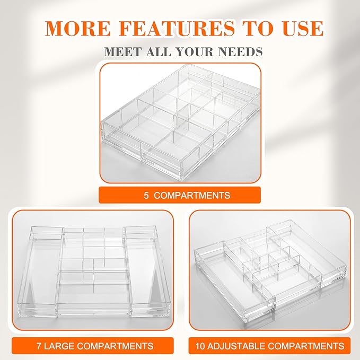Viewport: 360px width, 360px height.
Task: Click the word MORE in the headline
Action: pyautogui.click(x=77, y=28)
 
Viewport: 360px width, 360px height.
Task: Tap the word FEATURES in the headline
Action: pyautogui.click(x=177, y=28)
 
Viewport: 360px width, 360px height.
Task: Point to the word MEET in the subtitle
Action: pyautogui.click(x=122, y=51)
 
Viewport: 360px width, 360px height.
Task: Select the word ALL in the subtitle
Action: pyautogui.click(x=159, y=51)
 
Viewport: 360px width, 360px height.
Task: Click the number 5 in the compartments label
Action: pyautogui.click(x=146, y=196)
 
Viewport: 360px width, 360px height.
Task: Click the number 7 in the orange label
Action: pyautogui.click(x=39, y=346)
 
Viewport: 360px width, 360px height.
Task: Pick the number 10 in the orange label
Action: pyautogui.click(x=200, y=346)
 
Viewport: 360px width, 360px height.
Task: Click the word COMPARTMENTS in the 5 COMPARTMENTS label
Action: pyautogui.click(x=192, y=196)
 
